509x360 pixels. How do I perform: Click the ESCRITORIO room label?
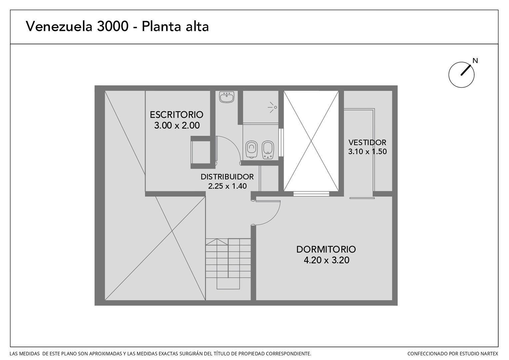(177, 115)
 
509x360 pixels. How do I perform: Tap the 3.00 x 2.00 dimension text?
(177, 126)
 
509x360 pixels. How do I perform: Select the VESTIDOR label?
(367, 143)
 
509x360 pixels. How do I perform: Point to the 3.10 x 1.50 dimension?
(367, 151)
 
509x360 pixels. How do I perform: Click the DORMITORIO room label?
(326, 249)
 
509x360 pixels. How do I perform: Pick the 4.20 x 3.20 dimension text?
(326, 260)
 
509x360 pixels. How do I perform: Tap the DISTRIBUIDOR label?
(227, 177)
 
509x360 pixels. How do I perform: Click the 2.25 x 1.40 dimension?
(227, 186)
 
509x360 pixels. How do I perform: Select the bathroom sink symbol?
(227, 97)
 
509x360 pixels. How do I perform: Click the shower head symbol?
(273, 107)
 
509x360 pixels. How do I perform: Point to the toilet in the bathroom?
(252, 149)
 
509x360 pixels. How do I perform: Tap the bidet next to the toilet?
(268, 150)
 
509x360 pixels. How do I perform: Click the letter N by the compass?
(475, 61)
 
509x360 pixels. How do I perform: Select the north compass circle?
(461, 88)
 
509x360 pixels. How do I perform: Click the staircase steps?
(228, 264)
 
